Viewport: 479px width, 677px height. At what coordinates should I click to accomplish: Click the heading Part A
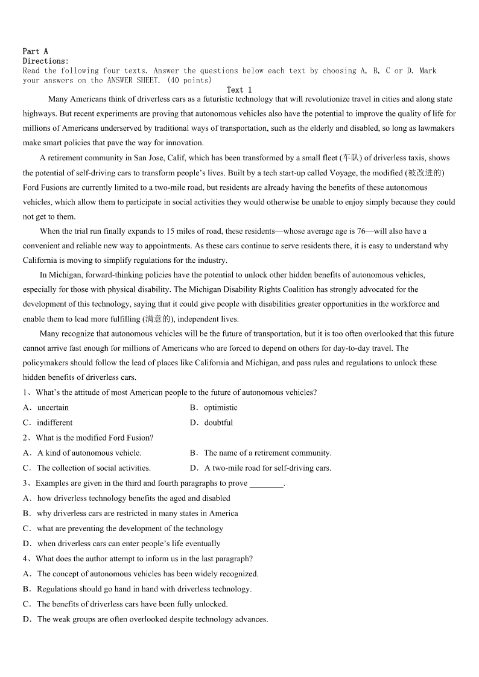click(35, 51)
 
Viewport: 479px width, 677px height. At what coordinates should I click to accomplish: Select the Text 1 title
click(239, 90)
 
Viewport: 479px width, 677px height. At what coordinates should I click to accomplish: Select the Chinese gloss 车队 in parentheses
click(350, 158)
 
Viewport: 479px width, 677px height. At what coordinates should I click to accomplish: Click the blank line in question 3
click(266, 483)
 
